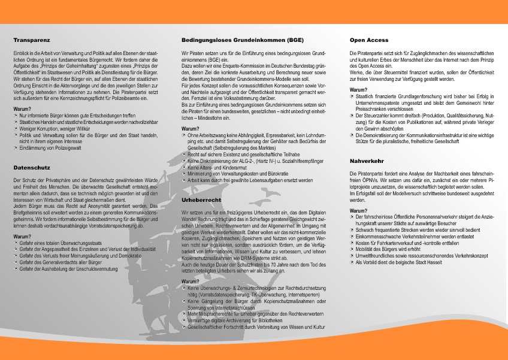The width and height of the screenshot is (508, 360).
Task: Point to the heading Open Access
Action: pyautogui.click(x=369, y=40)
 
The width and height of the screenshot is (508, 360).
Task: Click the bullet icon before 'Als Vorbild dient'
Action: pyautogui.click(x=352, y=262)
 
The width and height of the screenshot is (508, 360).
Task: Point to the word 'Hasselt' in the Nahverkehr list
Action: pyautogui.click(x=422, y=262)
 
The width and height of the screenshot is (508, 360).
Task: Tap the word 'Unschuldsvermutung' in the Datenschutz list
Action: pyautogui.click(x=102, y=268)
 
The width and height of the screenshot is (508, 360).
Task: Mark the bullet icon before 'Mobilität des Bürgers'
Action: pyautogui.click(x=352, y=249)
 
